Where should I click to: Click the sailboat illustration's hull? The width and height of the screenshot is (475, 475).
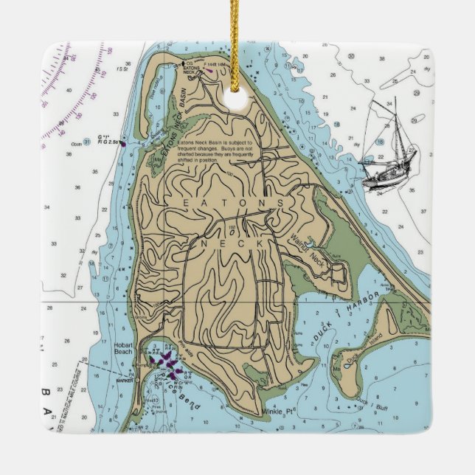(386, 171)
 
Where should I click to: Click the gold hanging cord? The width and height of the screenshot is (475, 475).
(237, 37)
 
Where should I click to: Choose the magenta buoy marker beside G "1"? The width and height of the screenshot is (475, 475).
(122, 143)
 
